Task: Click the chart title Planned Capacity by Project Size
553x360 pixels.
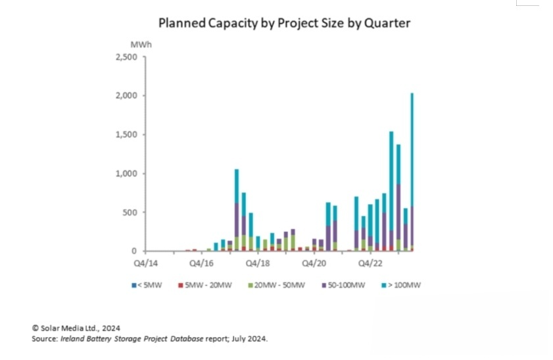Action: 284,23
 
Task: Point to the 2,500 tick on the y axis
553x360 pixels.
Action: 128,57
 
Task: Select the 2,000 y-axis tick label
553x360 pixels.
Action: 128,96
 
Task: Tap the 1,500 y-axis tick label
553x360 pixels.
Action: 128,135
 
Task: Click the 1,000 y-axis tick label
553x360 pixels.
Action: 128,174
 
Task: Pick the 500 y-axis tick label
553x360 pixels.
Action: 131,213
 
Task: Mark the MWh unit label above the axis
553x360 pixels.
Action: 138,44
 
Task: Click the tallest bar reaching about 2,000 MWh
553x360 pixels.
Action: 412,171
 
